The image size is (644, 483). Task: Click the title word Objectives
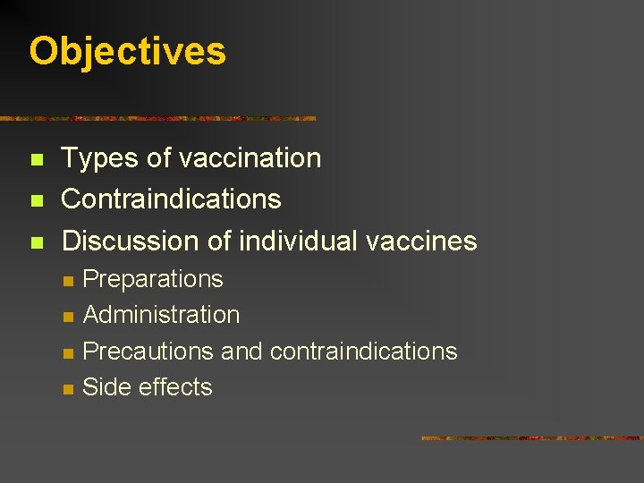(x=127, y=51)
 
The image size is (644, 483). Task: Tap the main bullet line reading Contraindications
(x=171, y=199)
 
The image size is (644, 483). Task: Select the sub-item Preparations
(x=152, y=279)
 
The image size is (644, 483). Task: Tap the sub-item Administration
(x=161, y=315)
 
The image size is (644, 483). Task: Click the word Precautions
(x=148, y=351)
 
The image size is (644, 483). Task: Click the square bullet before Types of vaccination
(x=36, y=160)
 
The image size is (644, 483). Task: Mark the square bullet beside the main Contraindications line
(x=36, y=200)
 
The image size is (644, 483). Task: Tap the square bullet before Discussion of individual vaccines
(x=36, y=241)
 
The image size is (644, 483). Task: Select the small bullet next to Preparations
(x=67, y=281)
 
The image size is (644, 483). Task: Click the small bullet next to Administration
(x=67, y=317)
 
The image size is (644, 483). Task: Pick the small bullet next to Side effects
(x=67, y=388)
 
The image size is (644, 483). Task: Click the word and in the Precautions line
(x=241, y=351)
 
